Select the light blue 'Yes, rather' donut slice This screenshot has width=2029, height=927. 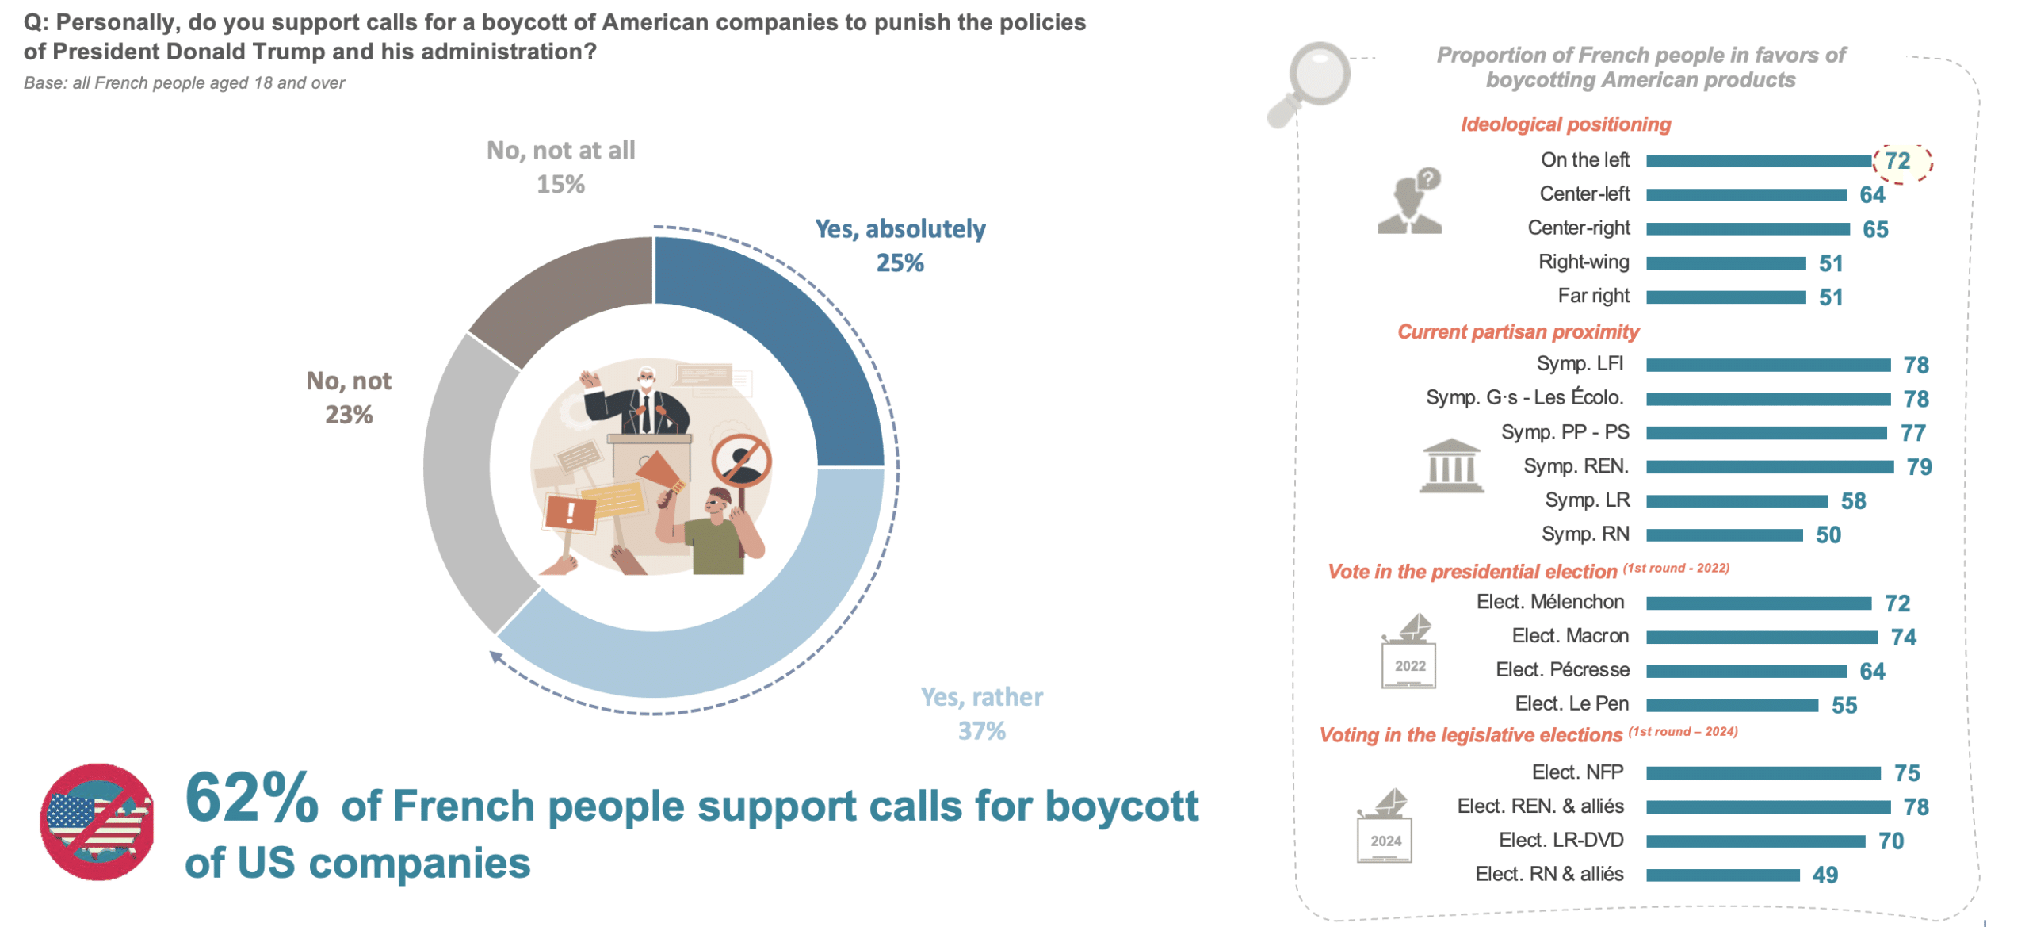pyautogui.click(x=713, y=642)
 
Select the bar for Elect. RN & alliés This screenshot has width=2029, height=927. pyautogui.click(x=1722, y=875)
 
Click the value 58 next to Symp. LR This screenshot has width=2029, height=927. pyautogui.click(x=1853, y=501)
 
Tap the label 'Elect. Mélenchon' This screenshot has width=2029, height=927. pyautogui.click(x=1549, y=602)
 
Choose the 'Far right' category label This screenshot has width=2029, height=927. pyautogui.click(x=1593, y=296)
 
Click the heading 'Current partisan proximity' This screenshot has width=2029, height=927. pyautogui.click(x=1517, y=331)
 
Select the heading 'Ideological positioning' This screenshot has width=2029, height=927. pyautogui.click(x=1565, y=124)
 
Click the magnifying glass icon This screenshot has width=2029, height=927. pyautogui.click(x=1312, y=79)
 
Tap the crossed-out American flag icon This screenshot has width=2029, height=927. pyautogui.click(x=97, y=822)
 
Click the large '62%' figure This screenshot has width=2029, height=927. pyautogui.click(x=251, y=798)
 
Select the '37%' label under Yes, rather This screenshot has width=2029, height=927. pyautogui.click(x=981, y=731)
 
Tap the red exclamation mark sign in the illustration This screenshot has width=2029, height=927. pyautogui.click(x=570, y=512)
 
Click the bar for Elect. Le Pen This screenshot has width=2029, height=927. pyautogui.click(x=1732, y=705)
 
